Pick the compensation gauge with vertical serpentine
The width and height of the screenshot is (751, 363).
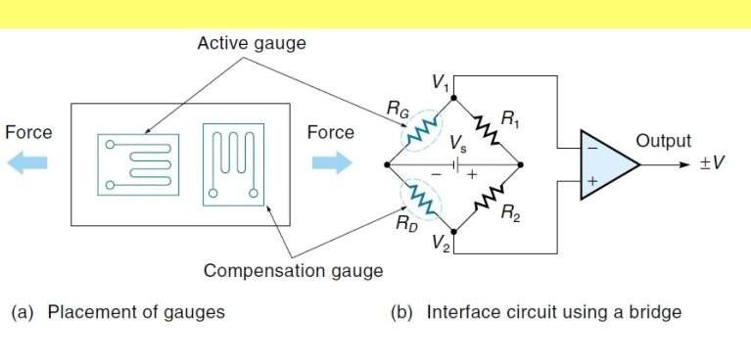click(233, 163)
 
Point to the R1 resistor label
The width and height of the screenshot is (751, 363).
click(510, 120)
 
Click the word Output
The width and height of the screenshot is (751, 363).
click(663, 141)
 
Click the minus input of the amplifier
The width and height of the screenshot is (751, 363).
click(589, 149)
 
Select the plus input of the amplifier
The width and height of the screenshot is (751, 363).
click(589, 181)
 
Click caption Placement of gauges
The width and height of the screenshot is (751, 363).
click(117, 313)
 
